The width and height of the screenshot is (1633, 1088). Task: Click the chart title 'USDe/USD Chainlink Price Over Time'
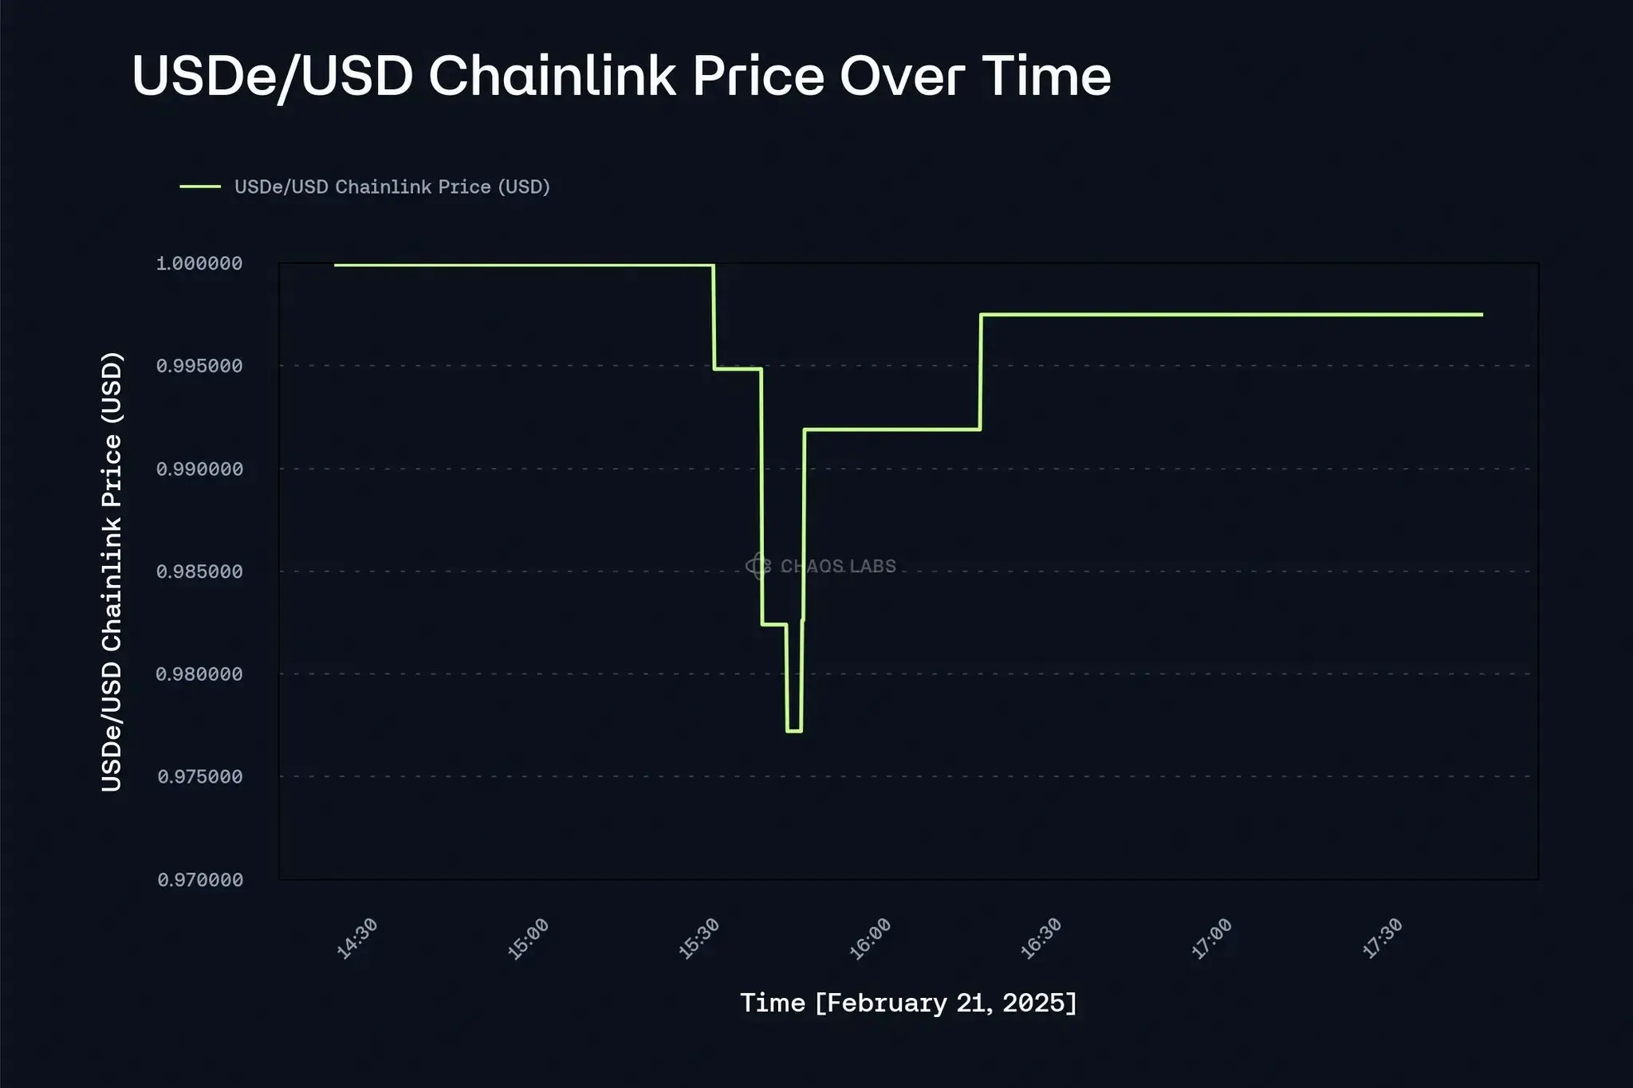point(621,77)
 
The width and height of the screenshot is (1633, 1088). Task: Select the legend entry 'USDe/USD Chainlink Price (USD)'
point(392,187)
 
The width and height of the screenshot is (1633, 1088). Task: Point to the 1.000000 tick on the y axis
point(199,264)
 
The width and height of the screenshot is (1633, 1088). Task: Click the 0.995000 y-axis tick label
point(199,367)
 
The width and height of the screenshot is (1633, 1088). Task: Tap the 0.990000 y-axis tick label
point(199,469)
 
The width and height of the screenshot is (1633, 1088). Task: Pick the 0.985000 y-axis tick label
point(199,572)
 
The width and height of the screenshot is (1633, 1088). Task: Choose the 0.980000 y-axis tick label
point(199,675)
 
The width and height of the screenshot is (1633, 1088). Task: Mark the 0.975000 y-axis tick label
point(199,777)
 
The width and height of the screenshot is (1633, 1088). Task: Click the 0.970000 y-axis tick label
point(199,880)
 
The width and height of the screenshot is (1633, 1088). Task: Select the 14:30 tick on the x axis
point(356,939)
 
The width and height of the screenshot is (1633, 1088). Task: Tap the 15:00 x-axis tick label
point(528,939)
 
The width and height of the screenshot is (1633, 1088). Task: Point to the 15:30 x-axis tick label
point(699,939)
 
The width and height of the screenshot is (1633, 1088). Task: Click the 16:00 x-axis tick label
point(870,939)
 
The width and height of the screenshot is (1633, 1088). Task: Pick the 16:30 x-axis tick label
point(1041,939)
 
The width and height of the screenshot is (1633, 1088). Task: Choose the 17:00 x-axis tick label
point(1212,939)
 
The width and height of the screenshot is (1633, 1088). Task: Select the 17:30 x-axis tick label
point(1383,939)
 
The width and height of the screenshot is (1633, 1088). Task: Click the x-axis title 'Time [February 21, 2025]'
point(908,1003)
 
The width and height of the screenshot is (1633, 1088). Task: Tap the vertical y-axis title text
point(112,571)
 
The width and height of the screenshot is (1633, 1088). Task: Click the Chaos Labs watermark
point(821,566)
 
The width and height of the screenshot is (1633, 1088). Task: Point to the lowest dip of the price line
point(793,731)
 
